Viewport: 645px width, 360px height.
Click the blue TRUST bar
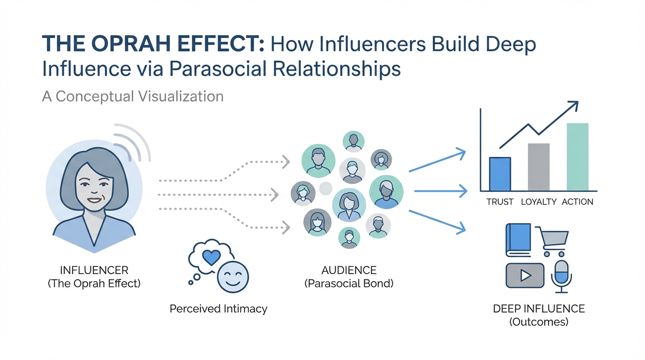500,174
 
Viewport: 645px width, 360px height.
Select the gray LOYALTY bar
539,167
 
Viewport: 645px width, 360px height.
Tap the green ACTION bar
577,157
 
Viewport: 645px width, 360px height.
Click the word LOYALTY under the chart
538,202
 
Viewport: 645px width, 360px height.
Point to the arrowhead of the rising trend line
574,105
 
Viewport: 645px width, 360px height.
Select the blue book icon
518,240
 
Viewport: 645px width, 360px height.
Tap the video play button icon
525,275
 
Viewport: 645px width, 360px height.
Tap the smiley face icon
233,277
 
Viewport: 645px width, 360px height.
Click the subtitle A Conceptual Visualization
133,97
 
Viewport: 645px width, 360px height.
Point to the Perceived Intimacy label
218,309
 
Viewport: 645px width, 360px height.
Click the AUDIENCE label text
349,270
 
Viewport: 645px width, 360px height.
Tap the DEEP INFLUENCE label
539,309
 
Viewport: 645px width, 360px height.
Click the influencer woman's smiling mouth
94,201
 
